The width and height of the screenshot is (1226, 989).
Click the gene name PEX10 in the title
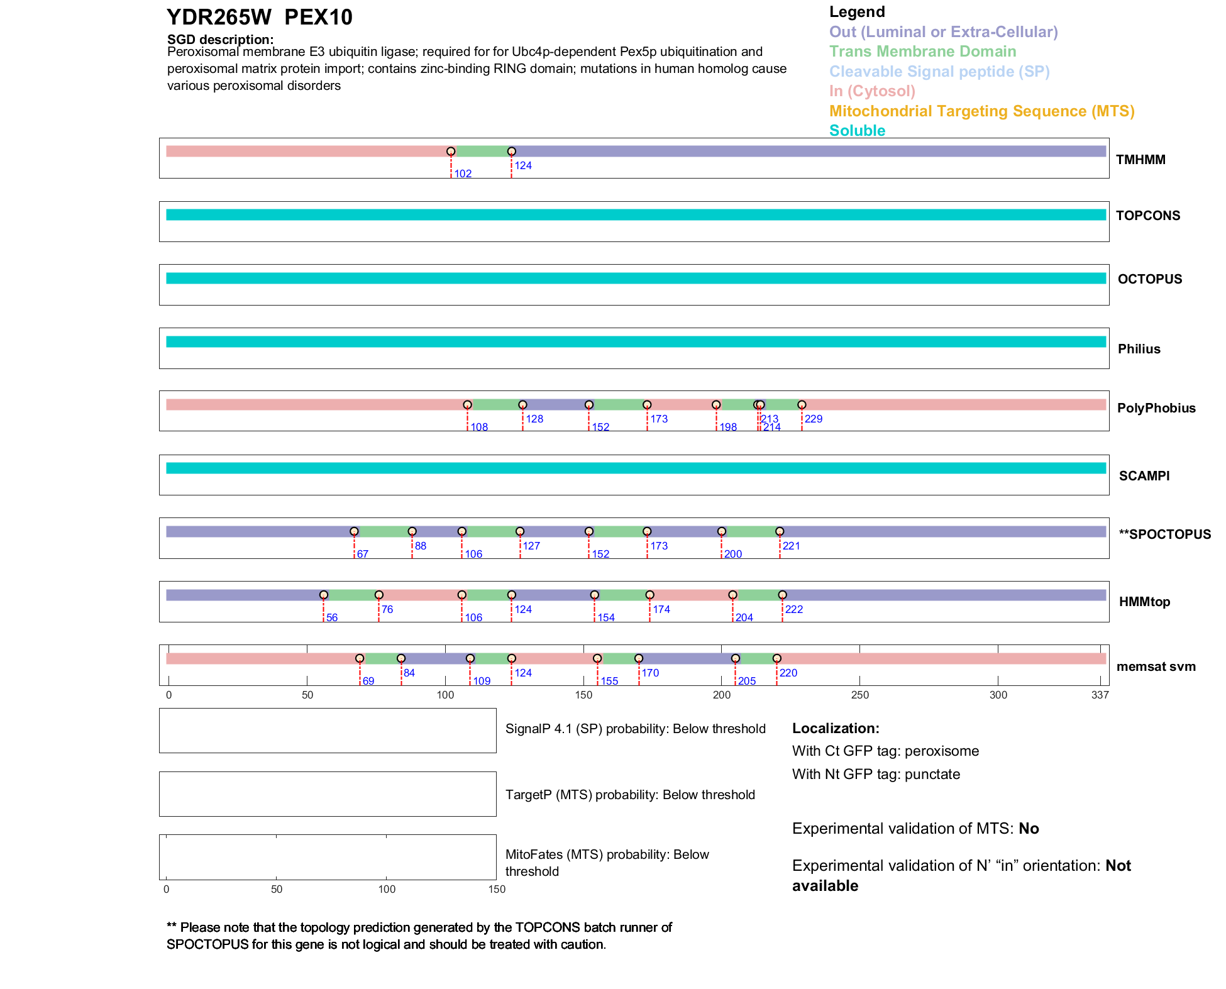click(x=318, y=18)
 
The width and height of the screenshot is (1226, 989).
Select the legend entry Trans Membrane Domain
click(x=922, y=52)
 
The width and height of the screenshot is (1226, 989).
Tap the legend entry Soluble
click(x=857, y=131)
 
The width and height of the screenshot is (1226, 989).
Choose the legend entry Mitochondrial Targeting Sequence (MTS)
click(x=981, y=111)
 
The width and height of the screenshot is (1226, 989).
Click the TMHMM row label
click(x=1140, y=160)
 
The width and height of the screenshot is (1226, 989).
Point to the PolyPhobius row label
click(x=1156, y=408)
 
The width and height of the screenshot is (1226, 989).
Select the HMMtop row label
click(x=1144, y=602)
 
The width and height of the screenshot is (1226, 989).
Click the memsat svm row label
click(x=1156, y=666)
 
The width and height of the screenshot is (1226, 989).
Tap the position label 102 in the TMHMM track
click(x=463, y=174)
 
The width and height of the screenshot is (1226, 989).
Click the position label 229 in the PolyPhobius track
click(x=814, y=419)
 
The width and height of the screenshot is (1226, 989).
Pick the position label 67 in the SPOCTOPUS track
click(x=363, y=555)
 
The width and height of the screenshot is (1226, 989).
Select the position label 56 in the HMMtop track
click(x=332, y=618)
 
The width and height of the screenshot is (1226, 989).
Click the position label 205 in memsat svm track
click(x=747, y=682)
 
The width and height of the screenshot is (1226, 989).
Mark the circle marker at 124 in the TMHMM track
click(x=512, y=152)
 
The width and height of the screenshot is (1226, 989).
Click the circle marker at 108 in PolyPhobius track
click(x=468, y=405)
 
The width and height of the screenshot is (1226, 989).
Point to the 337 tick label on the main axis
click(x=1100, y=695)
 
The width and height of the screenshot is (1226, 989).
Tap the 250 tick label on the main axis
click(x=859, y=695)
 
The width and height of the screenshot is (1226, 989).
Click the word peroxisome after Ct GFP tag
click(x=942, y=751)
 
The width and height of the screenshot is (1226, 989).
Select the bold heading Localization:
click(x=836, y=729)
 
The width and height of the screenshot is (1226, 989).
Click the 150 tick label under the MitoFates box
click(x=497, y=890)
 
